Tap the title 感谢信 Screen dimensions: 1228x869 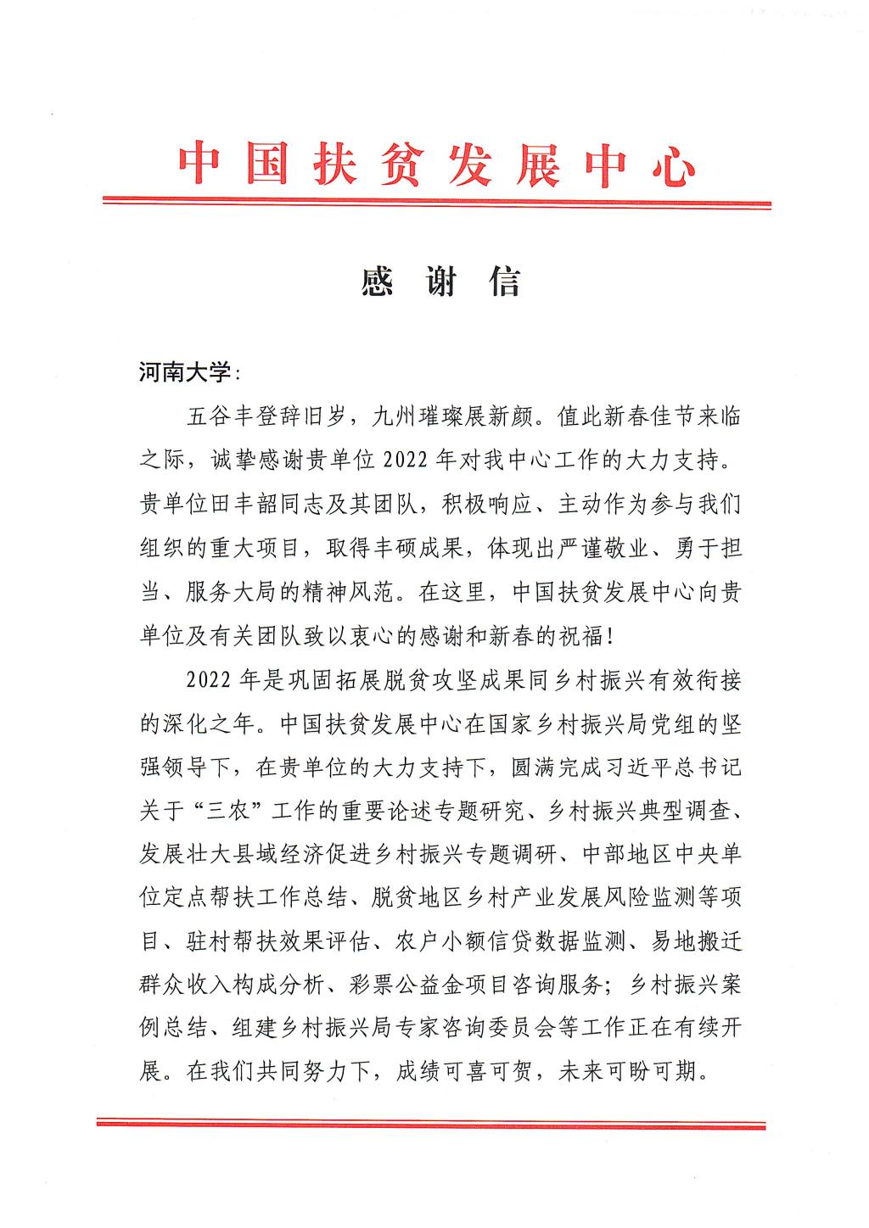click(440, 282)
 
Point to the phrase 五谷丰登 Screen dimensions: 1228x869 click(232, 417)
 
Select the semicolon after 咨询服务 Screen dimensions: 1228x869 click(608, 991)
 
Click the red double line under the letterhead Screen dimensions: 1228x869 click(436, 203)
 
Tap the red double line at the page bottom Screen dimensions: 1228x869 click(432, 1124)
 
